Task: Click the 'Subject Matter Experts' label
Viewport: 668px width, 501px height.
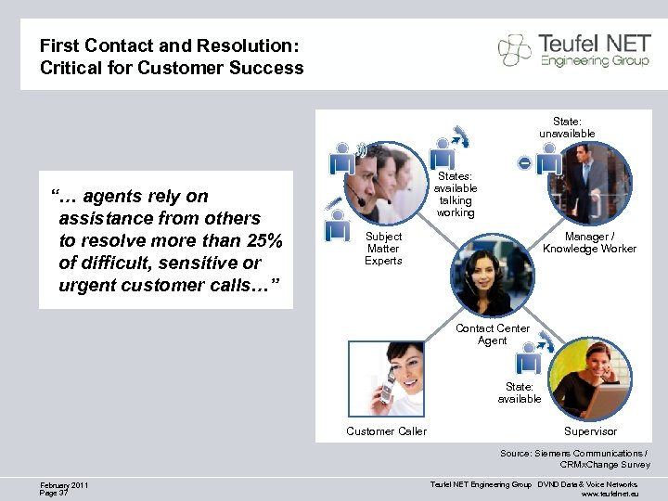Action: (x=383, y=249)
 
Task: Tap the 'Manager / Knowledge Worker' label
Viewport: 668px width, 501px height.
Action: (x=589, y=243)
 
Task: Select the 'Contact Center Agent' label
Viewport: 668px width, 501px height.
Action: (x=492, y=334)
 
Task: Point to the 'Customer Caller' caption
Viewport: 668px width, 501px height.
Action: (x=386, y=430)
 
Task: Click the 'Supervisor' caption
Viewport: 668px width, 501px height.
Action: (x=590, y=430)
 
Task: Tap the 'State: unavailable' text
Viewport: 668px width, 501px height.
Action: (x=567, y=127)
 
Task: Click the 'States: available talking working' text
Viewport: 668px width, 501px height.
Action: (x=455, y=194)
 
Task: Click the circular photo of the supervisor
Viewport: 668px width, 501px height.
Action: (x=591, y=379)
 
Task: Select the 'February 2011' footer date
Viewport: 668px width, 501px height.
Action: (x=65, y=484)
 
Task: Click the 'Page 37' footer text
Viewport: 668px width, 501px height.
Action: (x=55, y=493)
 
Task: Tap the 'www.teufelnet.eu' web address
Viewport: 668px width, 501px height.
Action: (x=610, y=494)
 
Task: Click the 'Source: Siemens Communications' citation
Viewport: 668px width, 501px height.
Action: (x=573, y=453)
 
